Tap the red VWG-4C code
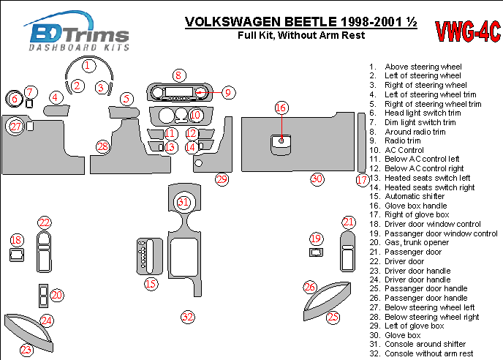[468, 31]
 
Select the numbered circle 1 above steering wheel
[88, 66]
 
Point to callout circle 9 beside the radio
[228, 92]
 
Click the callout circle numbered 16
[281, 108]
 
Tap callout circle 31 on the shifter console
[184, 202]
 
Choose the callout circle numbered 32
[188, 317]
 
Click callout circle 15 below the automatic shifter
[150, 283]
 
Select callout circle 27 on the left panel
[15, 127]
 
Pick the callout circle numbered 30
[316, 179]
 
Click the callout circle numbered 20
[56, 295]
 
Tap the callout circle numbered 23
[27, 350]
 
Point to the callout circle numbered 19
[316, 239]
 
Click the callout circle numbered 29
[222, 179]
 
